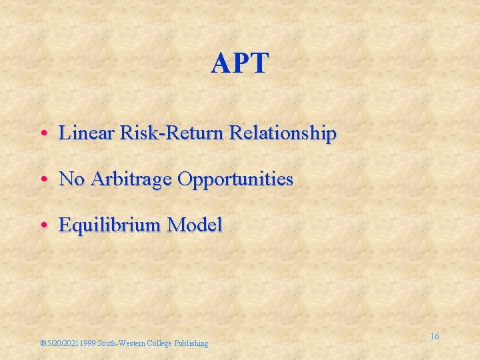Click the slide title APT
tap(240, 64)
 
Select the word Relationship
tap(283, 133)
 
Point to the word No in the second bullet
tap(71, 179)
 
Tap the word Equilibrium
tap(110, 225)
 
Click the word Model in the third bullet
tap(195, 225)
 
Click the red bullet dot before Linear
tap(42, 134)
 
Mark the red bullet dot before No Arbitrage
tap(42, 180)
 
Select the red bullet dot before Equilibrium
tap(42, 226)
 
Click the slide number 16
tap(434, 336)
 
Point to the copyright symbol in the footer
tap(42, 344)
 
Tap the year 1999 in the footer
tap(87, 343)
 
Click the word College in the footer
tap(159, 343)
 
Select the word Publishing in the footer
tap(191, 343)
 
